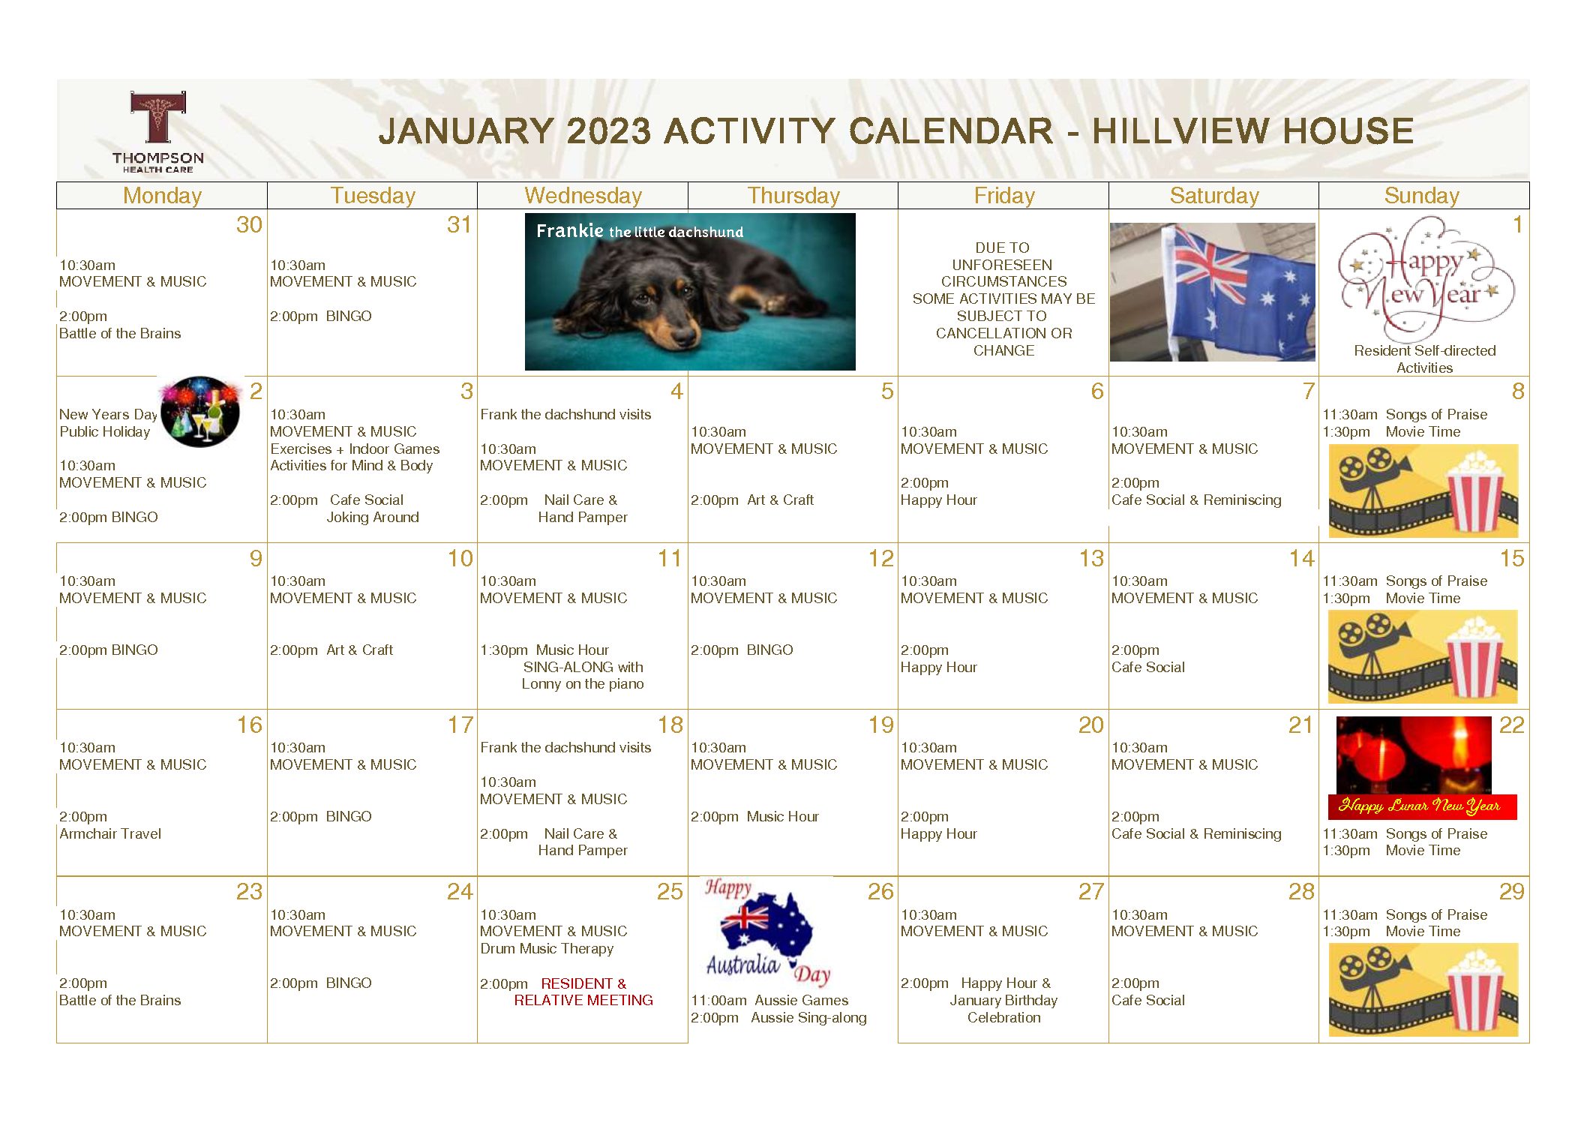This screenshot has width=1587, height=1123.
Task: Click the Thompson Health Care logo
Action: click(158, 132)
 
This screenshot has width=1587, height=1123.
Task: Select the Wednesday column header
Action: click(583, 196)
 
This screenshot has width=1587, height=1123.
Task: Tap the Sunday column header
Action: click(1421, 196)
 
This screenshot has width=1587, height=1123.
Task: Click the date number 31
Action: click(459, 224)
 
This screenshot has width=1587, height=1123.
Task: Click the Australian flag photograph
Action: click(1212, 292)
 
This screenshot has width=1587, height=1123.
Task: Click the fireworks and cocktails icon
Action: click(199, 412)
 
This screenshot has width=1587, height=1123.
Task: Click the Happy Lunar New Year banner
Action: click(1422, 806)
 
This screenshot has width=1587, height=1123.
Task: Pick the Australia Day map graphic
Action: click(766, 932)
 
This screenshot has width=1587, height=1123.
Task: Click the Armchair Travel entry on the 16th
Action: click(110, 833)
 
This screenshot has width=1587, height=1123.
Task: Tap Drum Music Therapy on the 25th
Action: click(547, 948)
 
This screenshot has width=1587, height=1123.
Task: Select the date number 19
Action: click(881, 725)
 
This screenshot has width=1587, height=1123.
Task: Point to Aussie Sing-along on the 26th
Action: click(808, 1018)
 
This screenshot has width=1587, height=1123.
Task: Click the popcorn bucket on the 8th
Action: click(1475, 491)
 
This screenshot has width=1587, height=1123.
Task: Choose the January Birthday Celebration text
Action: click(1003, 1009)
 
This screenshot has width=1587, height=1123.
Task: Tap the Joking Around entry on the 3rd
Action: click(373, 517)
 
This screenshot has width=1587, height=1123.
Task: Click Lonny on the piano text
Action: click(583, 684)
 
